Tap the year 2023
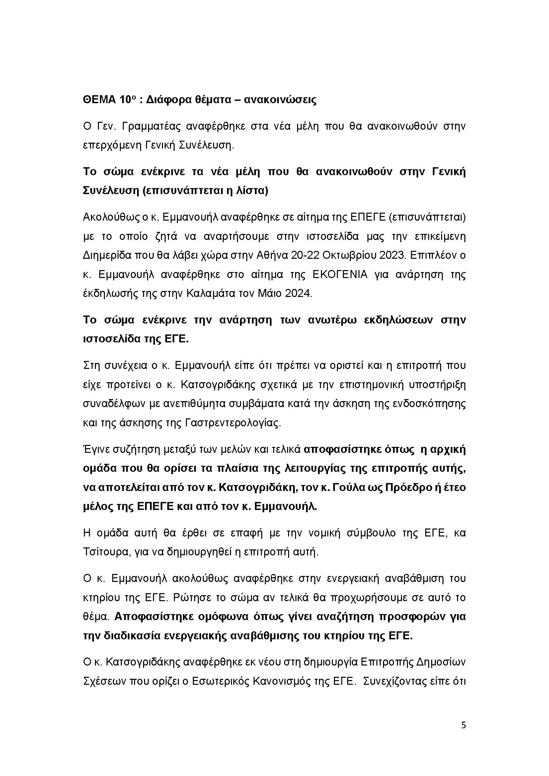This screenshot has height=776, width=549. pos(391,255)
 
